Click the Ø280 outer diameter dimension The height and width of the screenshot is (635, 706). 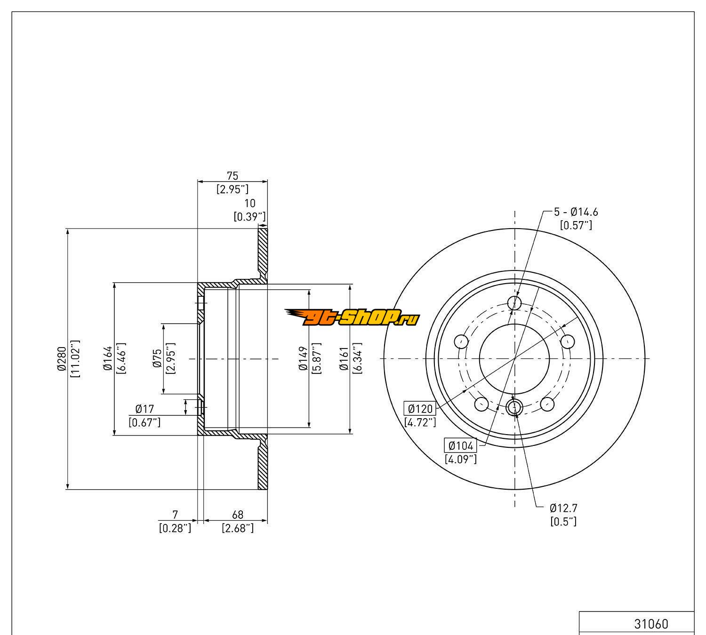pos(61,358)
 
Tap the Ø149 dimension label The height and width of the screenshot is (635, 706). pos(303,358)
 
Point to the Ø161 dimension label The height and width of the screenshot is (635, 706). pos(344,358)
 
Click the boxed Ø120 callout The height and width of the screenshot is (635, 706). pos(420,408)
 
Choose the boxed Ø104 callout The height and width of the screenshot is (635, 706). pos(461,445)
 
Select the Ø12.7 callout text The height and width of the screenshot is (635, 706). pos(563,508)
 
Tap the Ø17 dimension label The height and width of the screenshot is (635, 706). pos(144,409)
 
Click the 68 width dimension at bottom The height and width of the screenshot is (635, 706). pos(238,515)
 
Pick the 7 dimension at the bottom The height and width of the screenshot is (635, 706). pos(176,515)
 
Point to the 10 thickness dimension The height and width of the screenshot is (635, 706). pos(250,203)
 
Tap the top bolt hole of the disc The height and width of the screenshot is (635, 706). pos(515,302)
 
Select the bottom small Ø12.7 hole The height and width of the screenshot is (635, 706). pos(514,407)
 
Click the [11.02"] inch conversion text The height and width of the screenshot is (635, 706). pos(74,358)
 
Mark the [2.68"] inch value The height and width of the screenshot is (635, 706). pos(238,528)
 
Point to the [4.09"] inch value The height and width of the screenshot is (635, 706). pos(461,459)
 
